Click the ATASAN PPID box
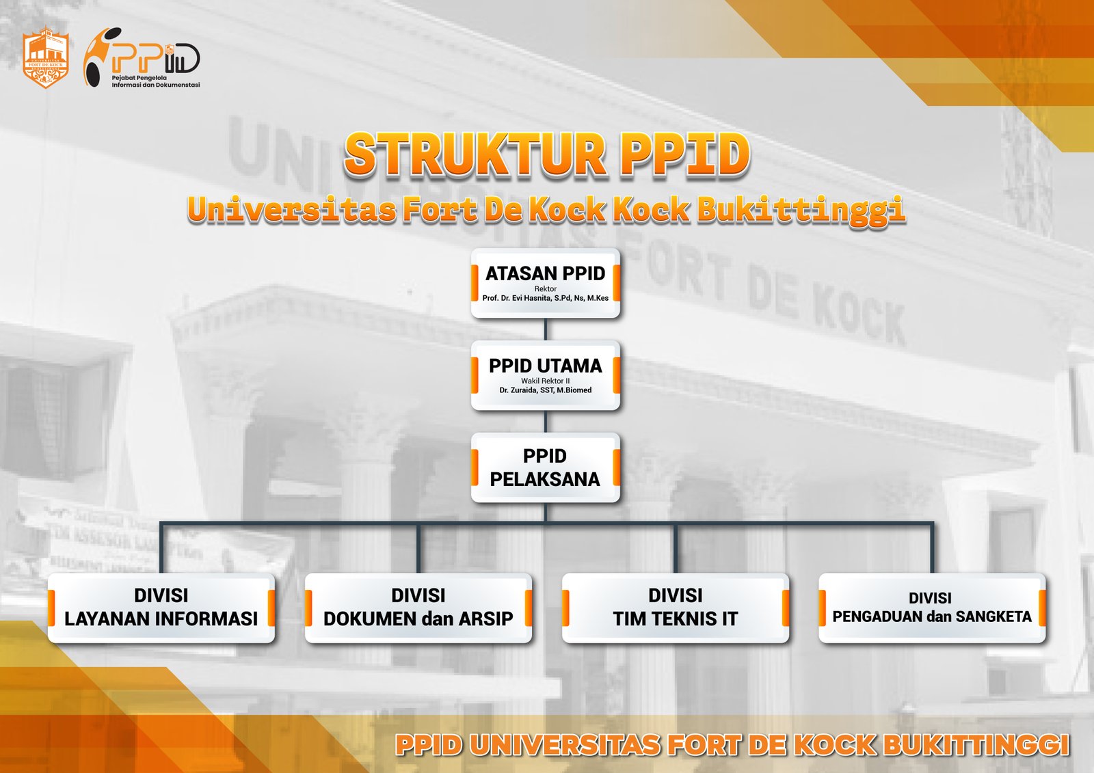[546, 283]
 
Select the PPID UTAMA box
[546, 375]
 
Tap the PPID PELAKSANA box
[546, 467]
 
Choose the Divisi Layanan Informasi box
[161, 608]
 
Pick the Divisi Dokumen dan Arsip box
[418, 608]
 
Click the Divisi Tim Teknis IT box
[676, 608]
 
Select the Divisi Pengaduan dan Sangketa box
[933, 608]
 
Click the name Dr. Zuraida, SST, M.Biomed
[546, 390]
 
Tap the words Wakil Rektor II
[546, 381]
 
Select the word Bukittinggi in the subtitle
[801, 211]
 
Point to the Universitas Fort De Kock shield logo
[45, 57]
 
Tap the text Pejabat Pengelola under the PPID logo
[139, 78]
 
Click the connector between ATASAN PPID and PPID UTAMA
[546, 329]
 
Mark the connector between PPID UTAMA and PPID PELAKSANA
[546, 422]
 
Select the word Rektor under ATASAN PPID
[546, 288]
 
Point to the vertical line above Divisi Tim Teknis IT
[676, 548]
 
